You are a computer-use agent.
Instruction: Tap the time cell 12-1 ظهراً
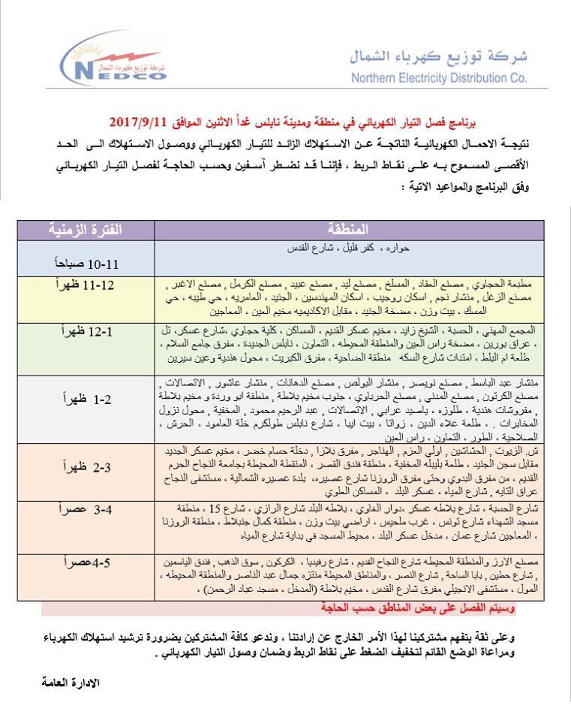tap(85, 331)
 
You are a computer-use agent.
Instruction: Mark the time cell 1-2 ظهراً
tap(85, 398)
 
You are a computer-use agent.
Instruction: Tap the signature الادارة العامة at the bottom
tap(71, 683)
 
